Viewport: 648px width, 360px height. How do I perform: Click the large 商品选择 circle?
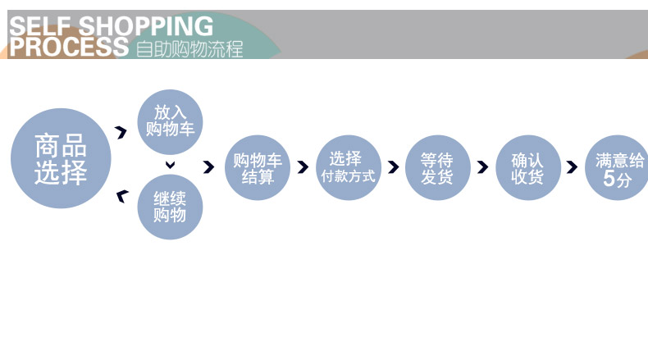(x=61, y=158)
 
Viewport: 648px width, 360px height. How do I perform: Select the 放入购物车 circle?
(x=171, y=121)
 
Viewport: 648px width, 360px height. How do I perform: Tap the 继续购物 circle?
(x=170, y=207)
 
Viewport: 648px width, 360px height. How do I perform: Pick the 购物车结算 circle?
(x=258, y=167)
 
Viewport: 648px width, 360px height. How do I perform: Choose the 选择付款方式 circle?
(x=348, y=167)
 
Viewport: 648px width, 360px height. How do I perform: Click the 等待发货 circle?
(x=437, y=167)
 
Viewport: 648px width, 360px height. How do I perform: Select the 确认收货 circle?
(x=527, y=167)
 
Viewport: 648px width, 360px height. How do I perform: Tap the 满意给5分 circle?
(x=617, y=167)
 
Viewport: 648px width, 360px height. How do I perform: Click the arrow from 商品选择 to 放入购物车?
(x=121, y=132)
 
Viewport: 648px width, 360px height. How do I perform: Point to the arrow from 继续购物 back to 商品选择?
(x=122, y=195)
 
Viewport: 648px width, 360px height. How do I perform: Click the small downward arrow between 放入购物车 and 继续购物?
(x=171, y=166)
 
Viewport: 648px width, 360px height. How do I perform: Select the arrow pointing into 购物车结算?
(x=208, y=167)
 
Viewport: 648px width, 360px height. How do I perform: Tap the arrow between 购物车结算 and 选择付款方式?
(x=303, y=167)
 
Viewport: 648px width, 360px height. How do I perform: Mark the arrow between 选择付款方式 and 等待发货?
(x=393, y=167)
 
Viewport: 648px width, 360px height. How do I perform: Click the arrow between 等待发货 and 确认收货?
(x=482, y=167)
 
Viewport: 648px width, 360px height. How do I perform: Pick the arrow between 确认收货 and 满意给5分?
(x=572, y=167)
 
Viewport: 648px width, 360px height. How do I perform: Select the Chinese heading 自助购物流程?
(x=189, y=48)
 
